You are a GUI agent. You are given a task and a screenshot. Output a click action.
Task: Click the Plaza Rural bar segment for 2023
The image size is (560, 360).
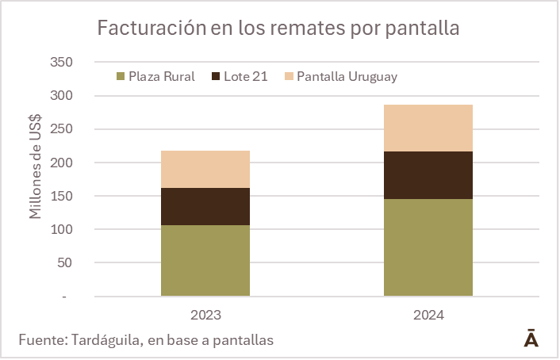click(x=205, y=260)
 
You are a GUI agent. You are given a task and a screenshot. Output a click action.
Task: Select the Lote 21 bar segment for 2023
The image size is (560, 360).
click(x=205, y=206)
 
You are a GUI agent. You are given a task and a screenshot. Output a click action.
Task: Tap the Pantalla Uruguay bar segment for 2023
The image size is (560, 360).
click(x=205, y=169)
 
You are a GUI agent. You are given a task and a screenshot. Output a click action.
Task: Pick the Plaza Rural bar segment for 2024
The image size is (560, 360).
click(x=428, y=247)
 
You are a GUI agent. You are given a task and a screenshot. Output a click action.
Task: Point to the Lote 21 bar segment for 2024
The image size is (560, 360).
click(x=428, y=175)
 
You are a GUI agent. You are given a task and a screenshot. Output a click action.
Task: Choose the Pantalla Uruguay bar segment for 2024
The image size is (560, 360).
click(x=428, y=128)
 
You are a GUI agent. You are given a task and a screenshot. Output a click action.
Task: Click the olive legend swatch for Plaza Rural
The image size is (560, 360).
click(x=121, y=77)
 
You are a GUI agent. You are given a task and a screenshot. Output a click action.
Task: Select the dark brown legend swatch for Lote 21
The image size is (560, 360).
click(x=217, y=77)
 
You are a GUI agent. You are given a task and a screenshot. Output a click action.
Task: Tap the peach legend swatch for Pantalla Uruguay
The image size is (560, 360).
click(x=289, y=77)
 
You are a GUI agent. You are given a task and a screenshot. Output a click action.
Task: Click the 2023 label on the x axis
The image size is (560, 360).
click(x=205, y=315)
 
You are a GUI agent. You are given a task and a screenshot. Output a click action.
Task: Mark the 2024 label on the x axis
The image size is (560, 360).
click(x=428, y=315)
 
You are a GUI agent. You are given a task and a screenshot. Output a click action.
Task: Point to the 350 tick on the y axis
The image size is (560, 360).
click(x=61, y=62)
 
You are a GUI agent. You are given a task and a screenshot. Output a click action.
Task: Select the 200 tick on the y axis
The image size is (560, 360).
click(x=61, y=163)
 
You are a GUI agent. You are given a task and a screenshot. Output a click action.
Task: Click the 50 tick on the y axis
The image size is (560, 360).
click(x=64, y=262)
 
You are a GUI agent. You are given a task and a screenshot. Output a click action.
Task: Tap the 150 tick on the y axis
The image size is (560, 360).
click(x=61, y=196)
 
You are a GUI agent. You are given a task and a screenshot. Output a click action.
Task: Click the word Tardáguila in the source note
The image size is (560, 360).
click(x=109, y=340)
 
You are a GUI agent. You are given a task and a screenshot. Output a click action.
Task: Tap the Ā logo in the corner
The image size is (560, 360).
click(x=531, y=339)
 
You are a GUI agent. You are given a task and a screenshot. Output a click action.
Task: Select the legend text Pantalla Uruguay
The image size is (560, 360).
click(x=347, y=77)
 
